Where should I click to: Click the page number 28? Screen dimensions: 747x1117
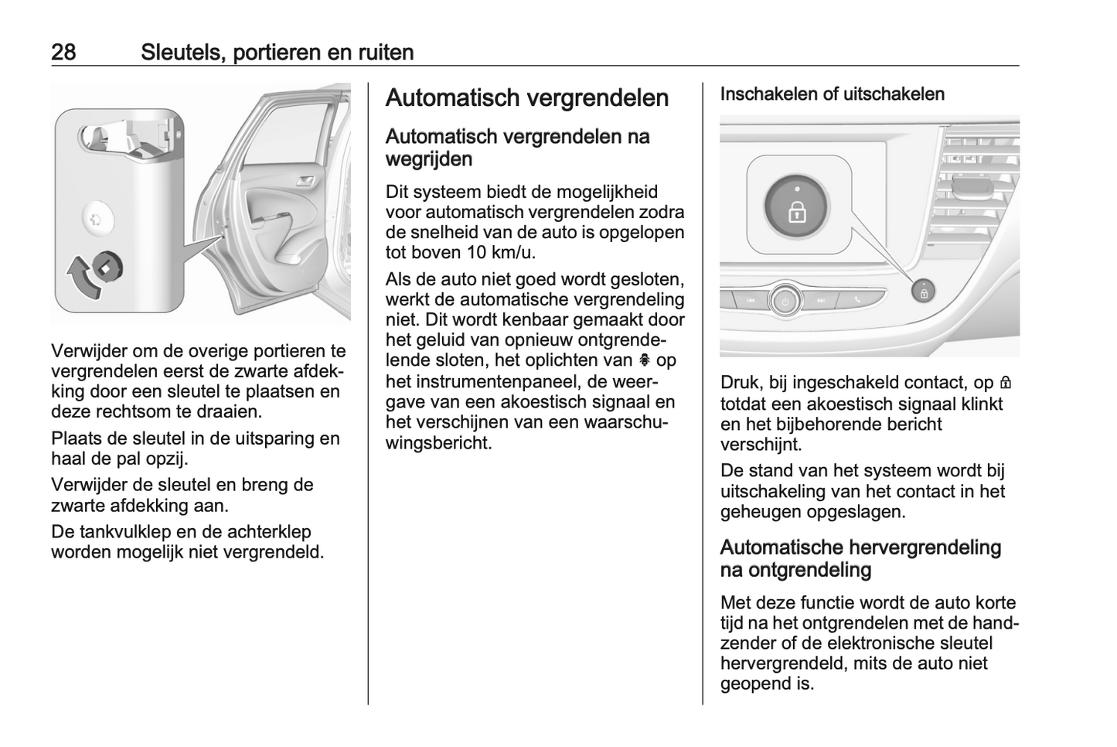click(x=63, y=53)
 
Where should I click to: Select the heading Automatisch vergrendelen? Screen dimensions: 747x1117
click(x=526, y=98)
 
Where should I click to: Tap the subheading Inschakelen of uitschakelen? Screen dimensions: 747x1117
click(x=832, y=94)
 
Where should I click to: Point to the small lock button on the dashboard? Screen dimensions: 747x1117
click(x=923, y=292)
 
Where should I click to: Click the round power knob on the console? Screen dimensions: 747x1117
click(x=785, y=301)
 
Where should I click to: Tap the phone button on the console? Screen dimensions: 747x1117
click(x=857, y=300)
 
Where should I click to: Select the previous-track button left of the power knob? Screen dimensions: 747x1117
click(x=750, y=301)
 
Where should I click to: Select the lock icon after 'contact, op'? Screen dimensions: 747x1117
click(x=1005, y=383)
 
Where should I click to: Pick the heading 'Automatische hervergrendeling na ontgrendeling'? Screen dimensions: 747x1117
click(x=860, y=558)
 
